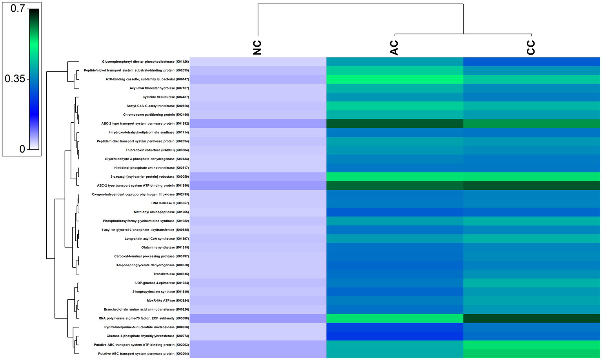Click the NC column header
[257, 47]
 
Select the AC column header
[394, 47]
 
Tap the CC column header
[531, 47]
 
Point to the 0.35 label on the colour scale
[15, 79]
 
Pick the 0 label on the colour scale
[22, 149]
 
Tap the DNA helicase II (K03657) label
[170, 203]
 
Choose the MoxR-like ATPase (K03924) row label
[168, 301]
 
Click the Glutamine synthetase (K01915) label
[165, 247]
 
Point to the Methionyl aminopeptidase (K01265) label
[161, 212]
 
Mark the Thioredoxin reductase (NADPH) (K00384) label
[157, 150]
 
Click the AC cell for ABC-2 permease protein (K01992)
[395, 124]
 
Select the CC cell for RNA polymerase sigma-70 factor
[531, 318]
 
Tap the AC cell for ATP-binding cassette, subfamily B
[395, 79]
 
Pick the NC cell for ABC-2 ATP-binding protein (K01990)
[258, 185]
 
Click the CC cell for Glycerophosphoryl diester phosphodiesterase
[531, 62]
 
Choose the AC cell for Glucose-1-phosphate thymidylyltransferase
[395, 336]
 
